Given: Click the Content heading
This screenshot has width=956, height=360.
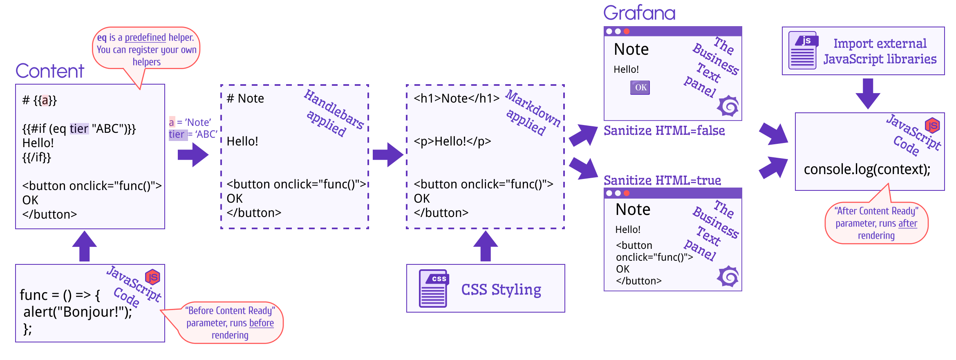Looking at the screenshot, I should [x=51, y=72].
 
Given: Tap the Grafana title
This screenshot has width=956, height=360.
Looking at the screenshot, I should [x=640, y=13].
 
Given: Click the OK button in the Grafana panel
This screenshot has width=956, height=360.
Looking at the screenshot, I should [x=640, y=87].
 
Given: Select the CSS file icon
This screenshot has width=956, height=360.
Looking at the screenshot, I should [x=434, y=288].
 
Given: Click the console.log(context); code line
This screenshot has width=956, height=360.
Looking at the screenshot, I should [x=867, y=169].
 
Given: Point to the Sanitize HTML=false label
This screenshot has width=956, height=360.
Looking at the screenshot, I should [x=665, y=131].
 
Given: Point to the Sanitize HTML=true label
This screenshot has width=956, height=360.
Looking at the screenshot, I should [x=663, y=180].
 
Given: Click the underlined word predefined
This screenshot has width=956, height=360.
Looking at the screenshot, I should [x=145, y=38].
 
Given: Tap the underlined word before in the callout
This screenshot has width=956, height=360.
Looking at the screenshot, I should [x=261, y=323].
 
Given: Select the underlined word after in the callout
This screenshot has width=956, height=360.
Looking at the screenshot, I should [x=907, y=224].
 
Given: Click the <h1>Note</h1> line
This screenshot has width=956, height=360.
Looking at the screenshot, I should [x=457, y=98].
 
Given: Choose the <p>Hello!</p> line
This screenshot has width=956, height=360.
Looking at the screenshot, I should [x=452, y=141].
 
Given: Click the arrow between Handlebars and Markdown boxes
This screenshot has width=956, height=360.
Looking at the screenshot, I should [x=388, y=155].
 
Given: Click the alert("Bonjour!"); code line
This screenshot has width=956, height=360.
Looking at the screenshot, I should [x=78, y=312].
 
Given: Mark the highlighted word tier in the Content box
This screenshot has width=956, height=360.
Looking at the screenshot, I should [x=79, y=129].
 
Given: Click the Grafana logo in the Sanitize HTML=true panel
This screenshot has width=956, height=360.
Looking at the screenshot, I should [x=728, y=276].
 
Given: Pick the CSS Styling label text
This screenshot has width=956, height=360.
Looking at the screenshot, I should [x=501, y=289].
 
